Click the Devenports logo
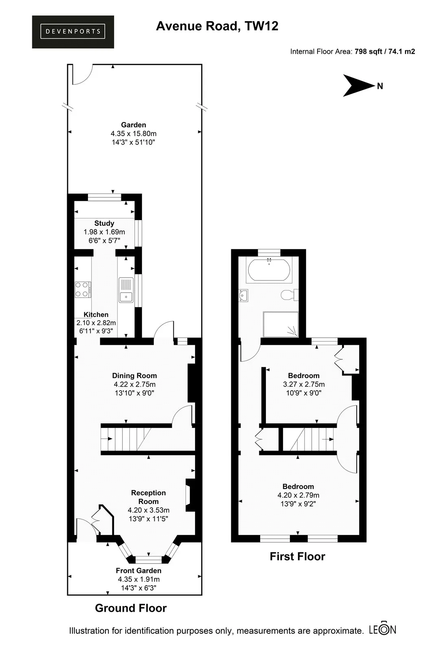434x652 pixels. pyautogui.click(x=73, y=32)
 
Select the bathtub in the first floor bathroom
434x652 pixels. pyautogui.click(x=269, y=269)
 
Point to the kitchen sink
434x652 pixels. pyautogui.click(x=126, y=290)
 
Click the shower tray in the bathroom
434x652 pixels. pyautogui.click(x=281, y=324)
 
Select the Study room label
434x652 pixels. pyautogui.click(x=104, y=223)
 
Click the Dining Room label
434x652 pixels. pyautogui.click(x=134, y=376)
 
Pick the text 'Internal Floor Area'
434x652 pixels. pyautogui.click(x=321, y=51)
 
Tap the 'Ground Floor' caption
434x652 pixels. pyautogui.click(x=131, y=608)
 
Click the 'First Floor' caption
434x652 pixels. pyautogui.click(x=297, y=557)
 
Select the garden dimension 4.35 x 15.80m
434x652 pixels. pyautogui.click(x=134, y=134)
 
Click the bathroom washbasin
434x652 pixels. pyautogui.click(x=243, y=295)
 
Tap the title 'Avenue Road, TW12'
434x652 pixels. pyautogui.click(x=217, y=26)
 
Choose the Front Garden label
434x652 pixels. pyautogui.click(x=138, y=570)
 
